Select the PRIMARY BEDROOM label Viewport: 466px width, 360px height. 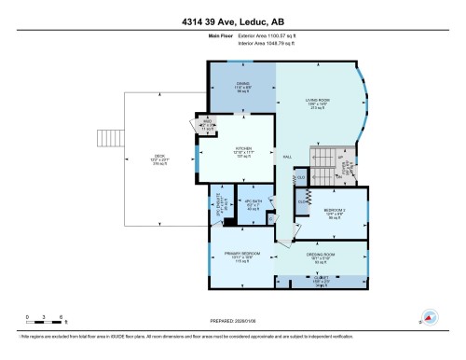pyautogui.click(x=242, y=256)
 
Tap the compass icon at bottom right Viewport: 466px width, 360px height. pyautogui.click(x=430, y=317)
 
